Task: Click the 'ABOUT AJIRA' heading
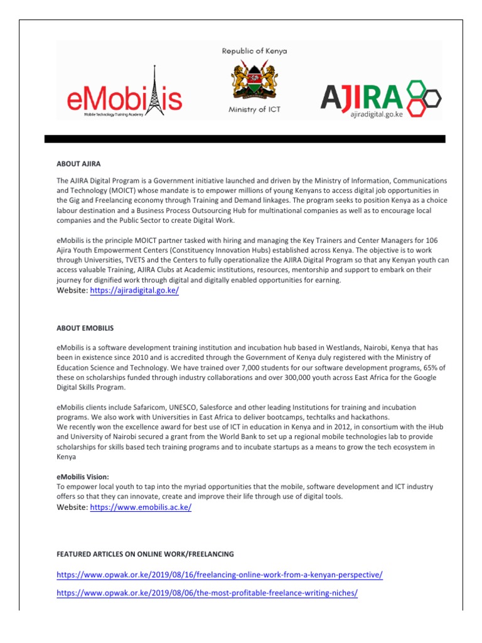[x=78, y=164]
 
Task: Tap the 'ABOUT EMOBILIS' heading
[x=85, y=328]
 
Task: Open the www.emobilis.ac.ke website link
[x=141, y=507]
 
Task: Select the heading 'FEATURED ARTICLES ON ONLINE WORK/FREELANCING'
[x=145, y=554]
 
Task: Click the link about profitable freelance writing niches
[x=207, y=593]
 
